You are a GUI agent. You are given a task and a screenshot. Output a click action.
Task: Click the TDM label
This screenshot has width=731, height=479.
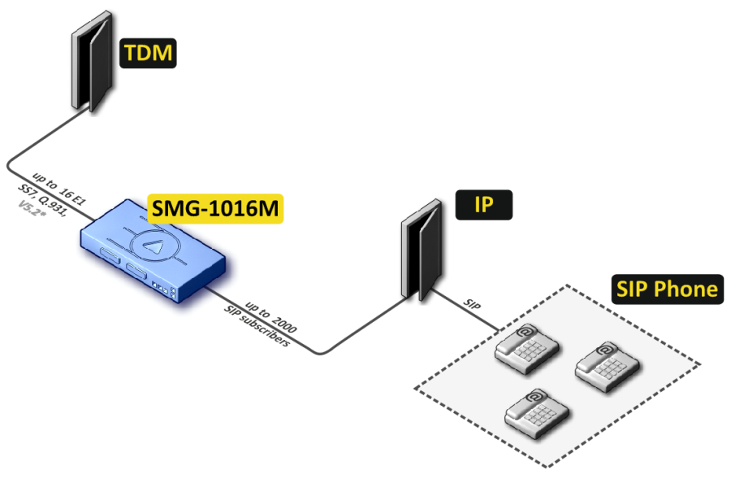point(149,54)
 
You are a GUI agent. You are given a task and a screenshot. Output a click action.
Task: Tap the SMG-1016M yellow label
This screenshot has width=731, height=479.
point(215,210)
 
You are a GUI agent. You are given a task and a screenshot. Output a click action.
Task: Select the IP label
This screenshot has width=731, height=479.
point(483,205)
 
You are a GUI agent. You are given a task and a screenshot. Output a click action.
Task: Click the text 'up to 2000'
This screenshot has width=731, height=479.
point(271,316)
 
